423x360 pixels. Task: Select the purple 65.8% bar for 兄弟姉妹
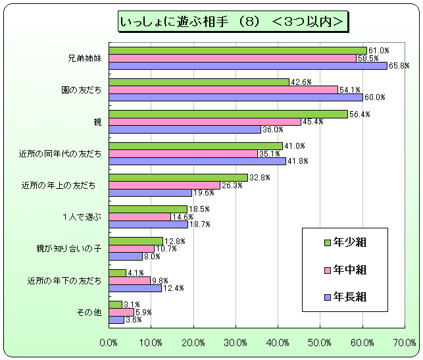pyautogui.click(x=248, y=66)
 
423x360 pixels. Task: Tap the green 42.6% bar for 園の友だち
pyautogui.click(x=199, y=82)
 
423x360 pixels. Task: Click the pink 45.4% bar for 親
pyautogui.click(x=205, y=122)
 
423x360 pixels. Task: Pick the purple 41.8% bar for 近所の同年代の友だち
pyautogui.click(x=197, y=161)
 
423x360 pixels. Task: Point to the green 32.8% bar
pyautogui.click(x=178, y=178)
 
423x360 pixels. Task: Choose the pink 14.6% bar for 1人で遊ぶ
pyautogui.click(x=139, y=217)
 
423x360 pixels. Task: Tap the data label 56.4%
pyautogui.click(x=359, y=114)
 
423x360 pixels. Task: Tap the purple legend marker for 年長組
pyautogui.click(x=327, y=297)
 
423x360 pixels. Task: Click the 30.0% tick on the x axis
pyautogui.click(x=236, y=342)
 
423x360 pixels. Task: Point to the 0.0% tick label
pyautogui.click(x=109, y=342)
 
